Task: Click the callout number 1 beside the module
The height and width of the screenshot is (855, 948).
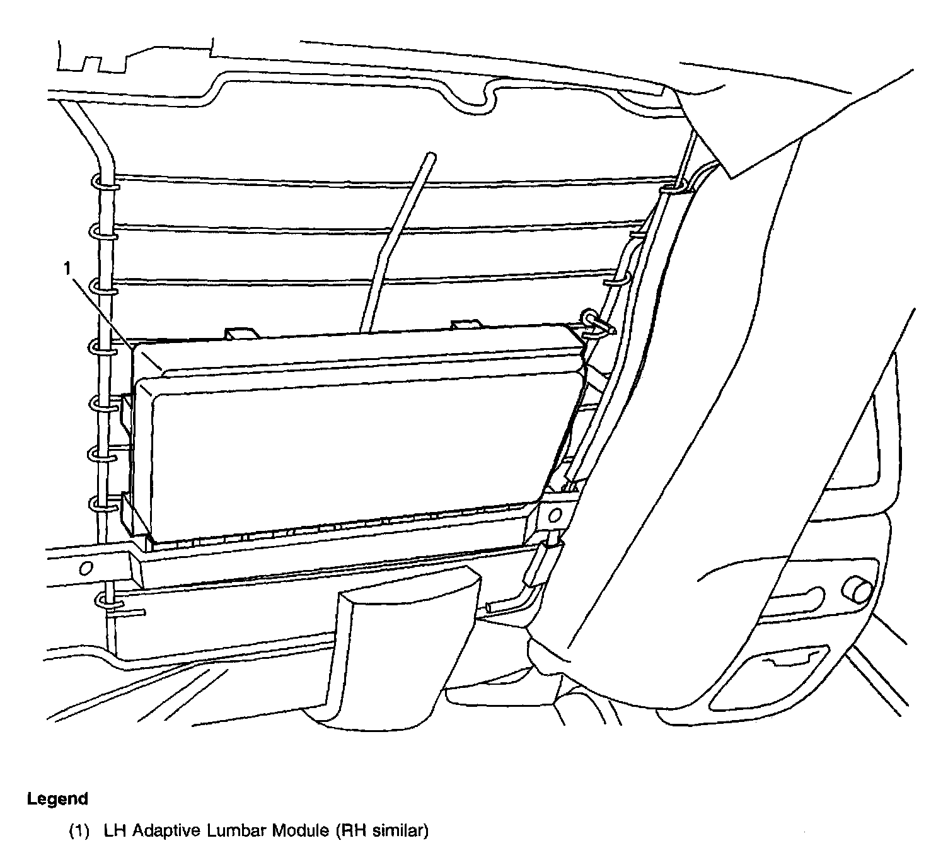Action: pyautogui.click(x=66, y=269)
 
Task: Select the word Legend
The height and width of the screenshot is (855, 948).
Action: pyautogui.click(x=57, y=800)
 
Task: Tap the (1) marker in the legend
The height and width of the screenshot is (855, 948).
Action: pyautogui.click(x=79, y=832)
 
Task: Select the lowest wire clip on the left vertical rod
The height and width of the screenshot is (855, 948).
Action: pyautogui.click(x=106, y=601)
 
